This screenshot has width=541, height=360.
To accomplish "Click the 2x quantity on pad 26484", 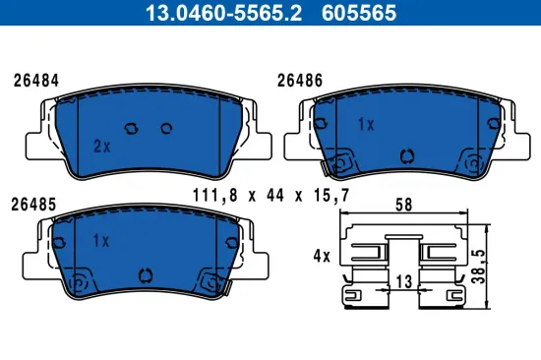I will (x=100, y=145).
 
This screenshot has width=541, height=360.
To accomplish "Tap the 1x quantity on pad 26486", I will (x=366, y=125).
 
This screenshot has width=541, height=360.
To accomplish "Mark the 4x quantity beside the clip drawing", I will (x=321, y=256).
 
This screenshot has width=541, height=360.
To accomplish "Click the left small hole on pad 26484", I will (x=134, y=127).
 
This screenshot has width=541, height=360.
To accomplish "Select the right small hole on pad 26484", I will (x=165, y=127).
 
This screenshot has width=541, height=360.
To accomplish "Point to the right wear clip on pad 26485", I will (x=209, y=281).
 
